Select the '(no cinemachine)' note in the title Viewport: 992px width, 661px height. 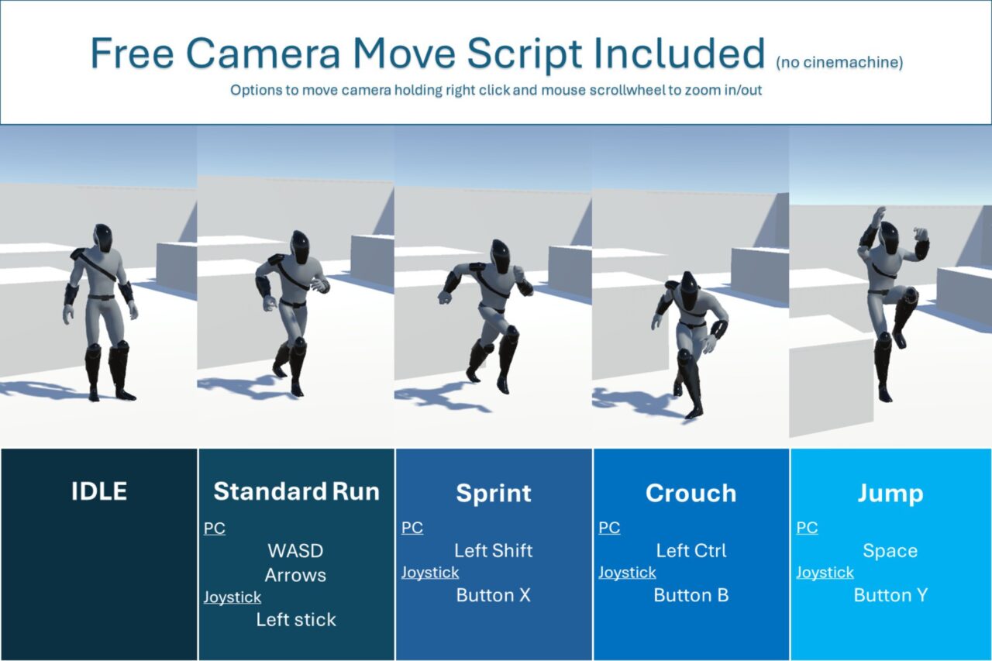(839, 63)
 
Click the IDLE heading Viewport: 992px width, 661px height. (99, 491)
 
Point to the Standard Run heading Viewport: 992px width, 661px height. (296, 491)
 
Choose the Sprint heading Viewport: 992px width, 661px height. (494, 494)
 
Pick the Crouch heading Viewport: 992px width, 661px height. (691, 493)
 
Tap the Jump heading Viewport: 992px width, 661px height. (890, 494)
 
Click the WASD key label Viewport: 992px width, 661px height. (295, 551)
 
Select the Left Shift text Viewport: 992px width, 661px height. (494, 551)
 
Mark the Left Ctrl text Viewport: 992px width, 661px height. (691, 551)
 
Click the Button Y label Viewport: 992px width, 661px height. (890, 595)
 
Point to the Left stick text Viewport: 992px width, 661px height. (296, 619)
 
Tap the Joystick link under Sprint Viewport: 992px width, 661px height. (430, 573)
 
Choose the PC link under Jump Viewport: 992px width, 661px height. (807, 528)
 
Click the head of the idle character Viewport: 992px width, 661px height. (103, 238)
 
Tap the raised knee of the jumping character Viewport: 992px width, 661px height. (909, 295)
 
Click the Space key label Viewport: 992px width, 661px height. (890, 551)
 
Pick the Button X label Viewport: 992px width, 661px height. (494, 595)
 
